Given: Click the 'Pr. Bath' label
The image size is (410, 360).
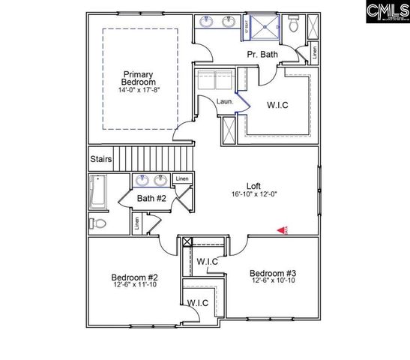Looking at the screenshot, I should click(x=263, y=55).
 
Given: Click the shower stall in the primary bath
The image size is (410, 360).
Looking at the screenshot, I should click(x=263, y=25).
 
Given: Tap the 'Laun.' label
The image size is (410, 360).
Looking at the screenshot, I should click(x=225, y=101).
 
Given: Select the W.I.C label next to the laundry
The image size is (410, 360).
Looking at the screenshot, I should click(x=277, y=106).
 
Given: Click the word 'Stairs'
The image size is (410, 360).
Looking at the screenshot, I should click(x=100, y=160).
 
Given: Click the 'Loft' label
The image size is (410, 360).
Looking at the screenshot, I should click(x=255, y=186).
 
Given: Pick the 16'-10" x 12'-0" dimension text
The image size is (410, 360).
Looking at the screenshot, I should click(x=255, y=195).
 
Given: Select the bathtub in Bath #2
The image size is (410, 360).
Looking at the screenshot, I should click(x=98, y=192).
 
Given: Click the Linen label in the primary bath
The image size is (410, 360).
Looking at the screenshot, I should click(x=314, y=54).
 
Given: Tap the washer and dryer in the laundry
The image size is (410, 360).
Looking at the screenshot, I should click(x=214, y=79).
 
